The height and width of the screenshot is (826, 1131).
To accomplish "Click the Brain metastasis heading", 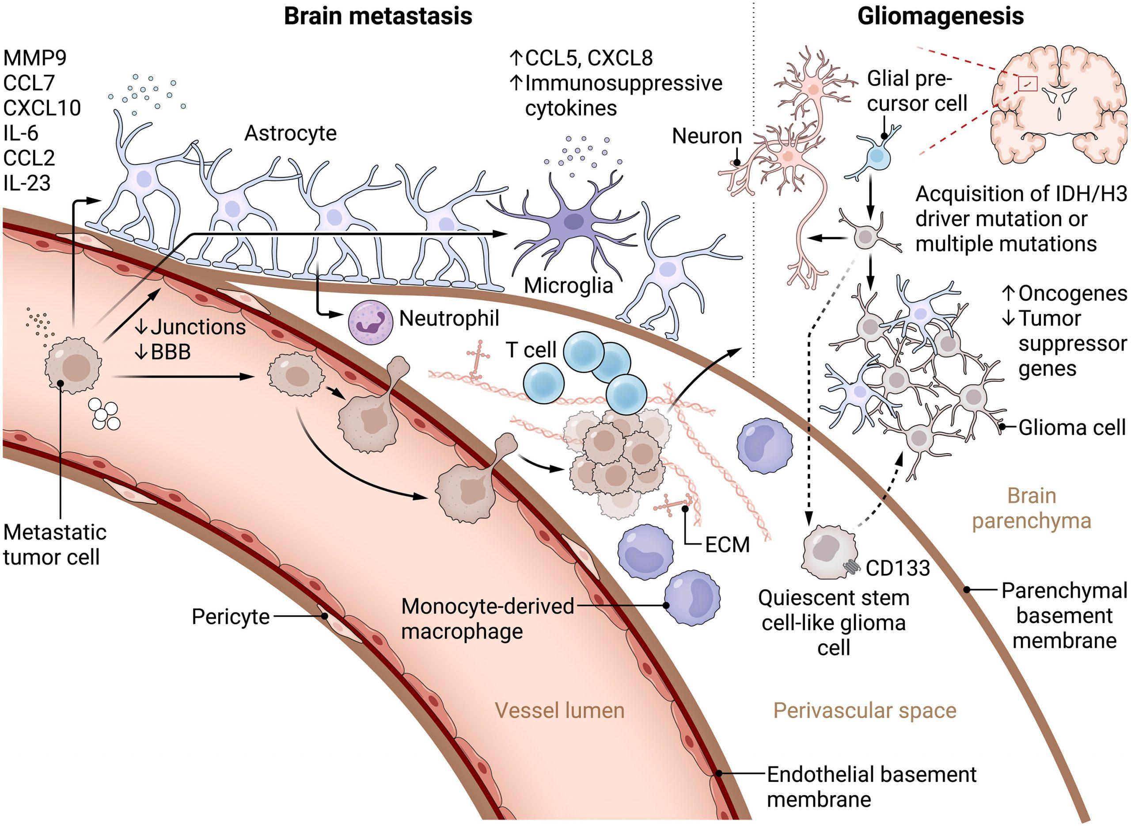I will (x=378, y=16).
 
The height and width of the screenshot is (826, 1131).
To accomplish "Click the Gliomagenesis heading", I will (x=941, y=16).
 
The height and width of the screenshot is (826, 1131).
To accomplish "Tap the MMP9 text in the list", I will (x=35, y=58).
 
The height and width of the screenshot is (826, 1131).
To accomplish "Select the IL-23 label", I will (x=27, y=184).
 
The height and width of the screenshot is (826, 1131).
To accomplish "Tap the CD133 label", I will (x=898, y=568).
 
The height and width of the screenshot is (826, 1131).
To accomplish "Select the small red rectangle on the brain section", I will (x=1028, y=84).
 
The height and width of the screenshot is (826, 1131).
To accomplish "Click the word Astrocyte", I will (x=290, y=134).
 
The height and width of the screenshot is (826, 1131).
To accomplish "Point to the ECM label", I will (x=727, y=544).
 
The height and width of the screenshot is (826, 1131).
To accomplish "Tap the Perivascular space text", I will (x=865, y=710).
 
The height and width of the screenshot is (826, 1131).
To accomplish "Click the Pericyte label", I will (x=230, y=616).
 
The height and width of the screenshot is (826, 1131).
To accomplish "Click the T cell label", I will (x=531, y=350).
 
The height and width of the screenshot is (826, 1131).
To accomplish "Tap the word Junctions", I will (x=198, y=327).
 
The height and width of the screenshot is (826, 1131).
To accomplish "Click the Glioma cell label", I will (x=1071, y=428).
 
